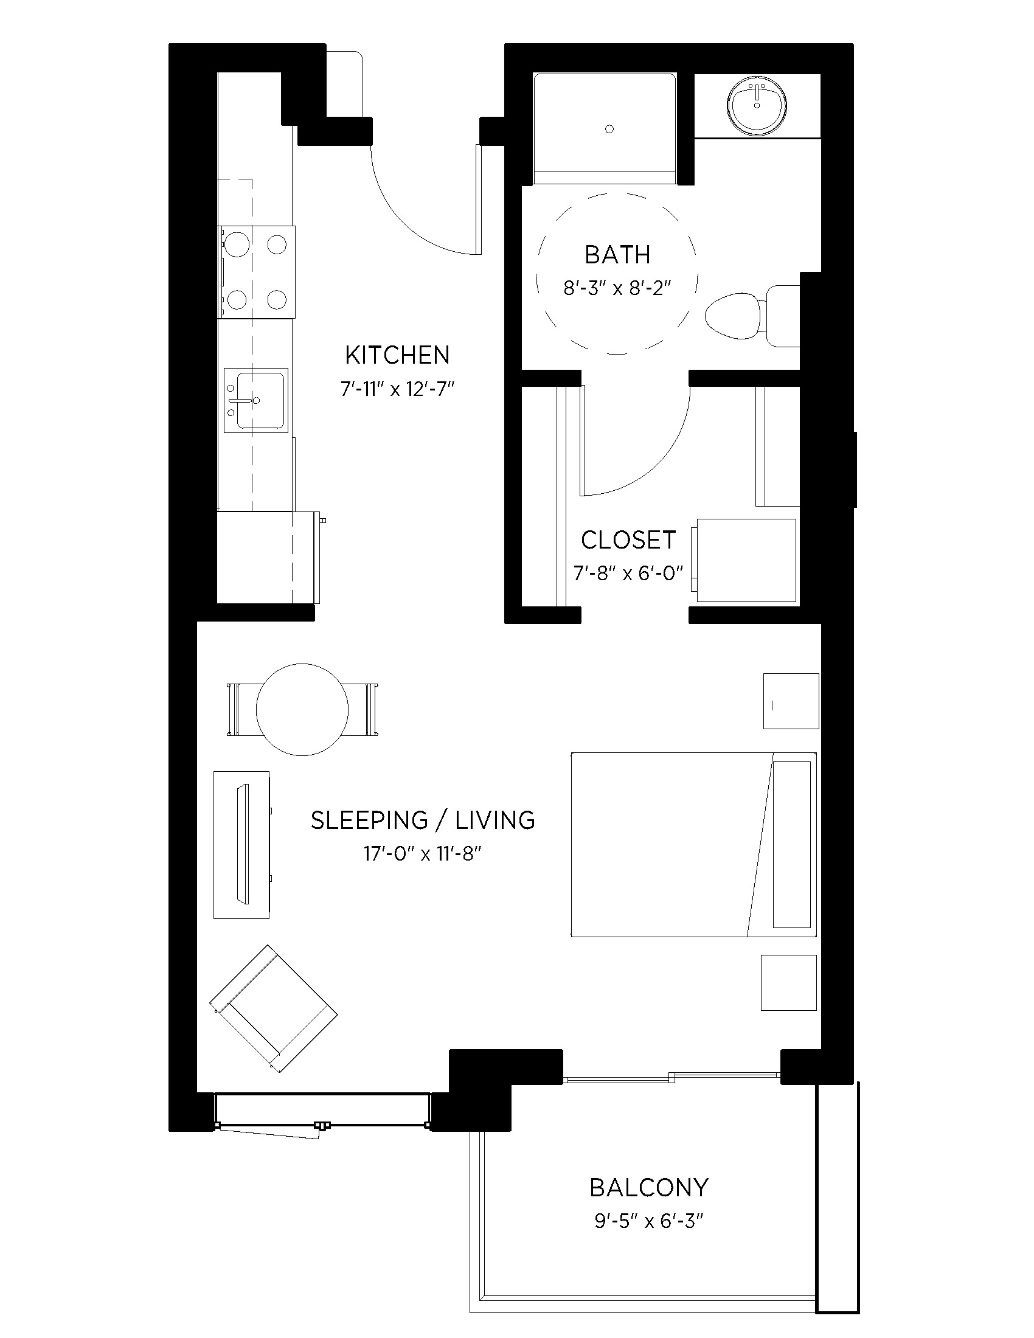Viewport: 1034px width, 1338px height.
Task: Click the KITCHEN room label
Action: point(397,355)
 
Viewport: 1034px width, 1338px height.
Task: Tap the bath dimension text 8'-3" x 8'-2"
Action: point(617,288)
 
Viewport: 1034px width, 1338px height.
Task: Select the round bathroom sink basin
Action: point(757,105)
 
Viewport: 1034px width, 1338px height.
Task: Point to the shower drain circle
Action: point(609,129)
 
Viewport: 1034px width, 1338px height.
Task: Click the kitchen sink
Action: point(255,400)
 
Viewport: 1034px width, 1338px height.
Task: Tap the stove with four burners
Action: point(256,271)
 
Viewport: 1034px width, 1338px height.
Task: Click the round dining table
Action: point(302,709)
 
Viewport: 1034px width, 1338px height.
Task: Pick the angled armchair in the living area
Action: point(273,1008)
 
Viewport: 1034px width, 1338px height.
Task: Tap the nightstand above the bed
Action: point(791,701)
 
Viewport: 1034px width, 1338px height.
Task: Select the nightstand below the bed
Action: point(788,983)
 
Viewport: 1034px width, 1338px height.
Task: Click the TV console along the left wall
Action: point(241,845)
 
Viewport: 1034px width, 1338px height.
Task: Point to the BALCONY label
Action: point(649,1187)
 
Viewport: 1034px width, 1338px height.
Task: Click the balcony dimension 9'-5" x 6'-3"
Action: point(649,1222)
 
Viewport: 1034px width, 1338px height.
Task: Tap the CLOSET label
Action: point(628,539)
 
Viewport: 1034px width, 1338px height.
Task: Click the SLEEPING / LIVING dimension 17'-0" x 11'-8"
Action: point(423,853)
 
